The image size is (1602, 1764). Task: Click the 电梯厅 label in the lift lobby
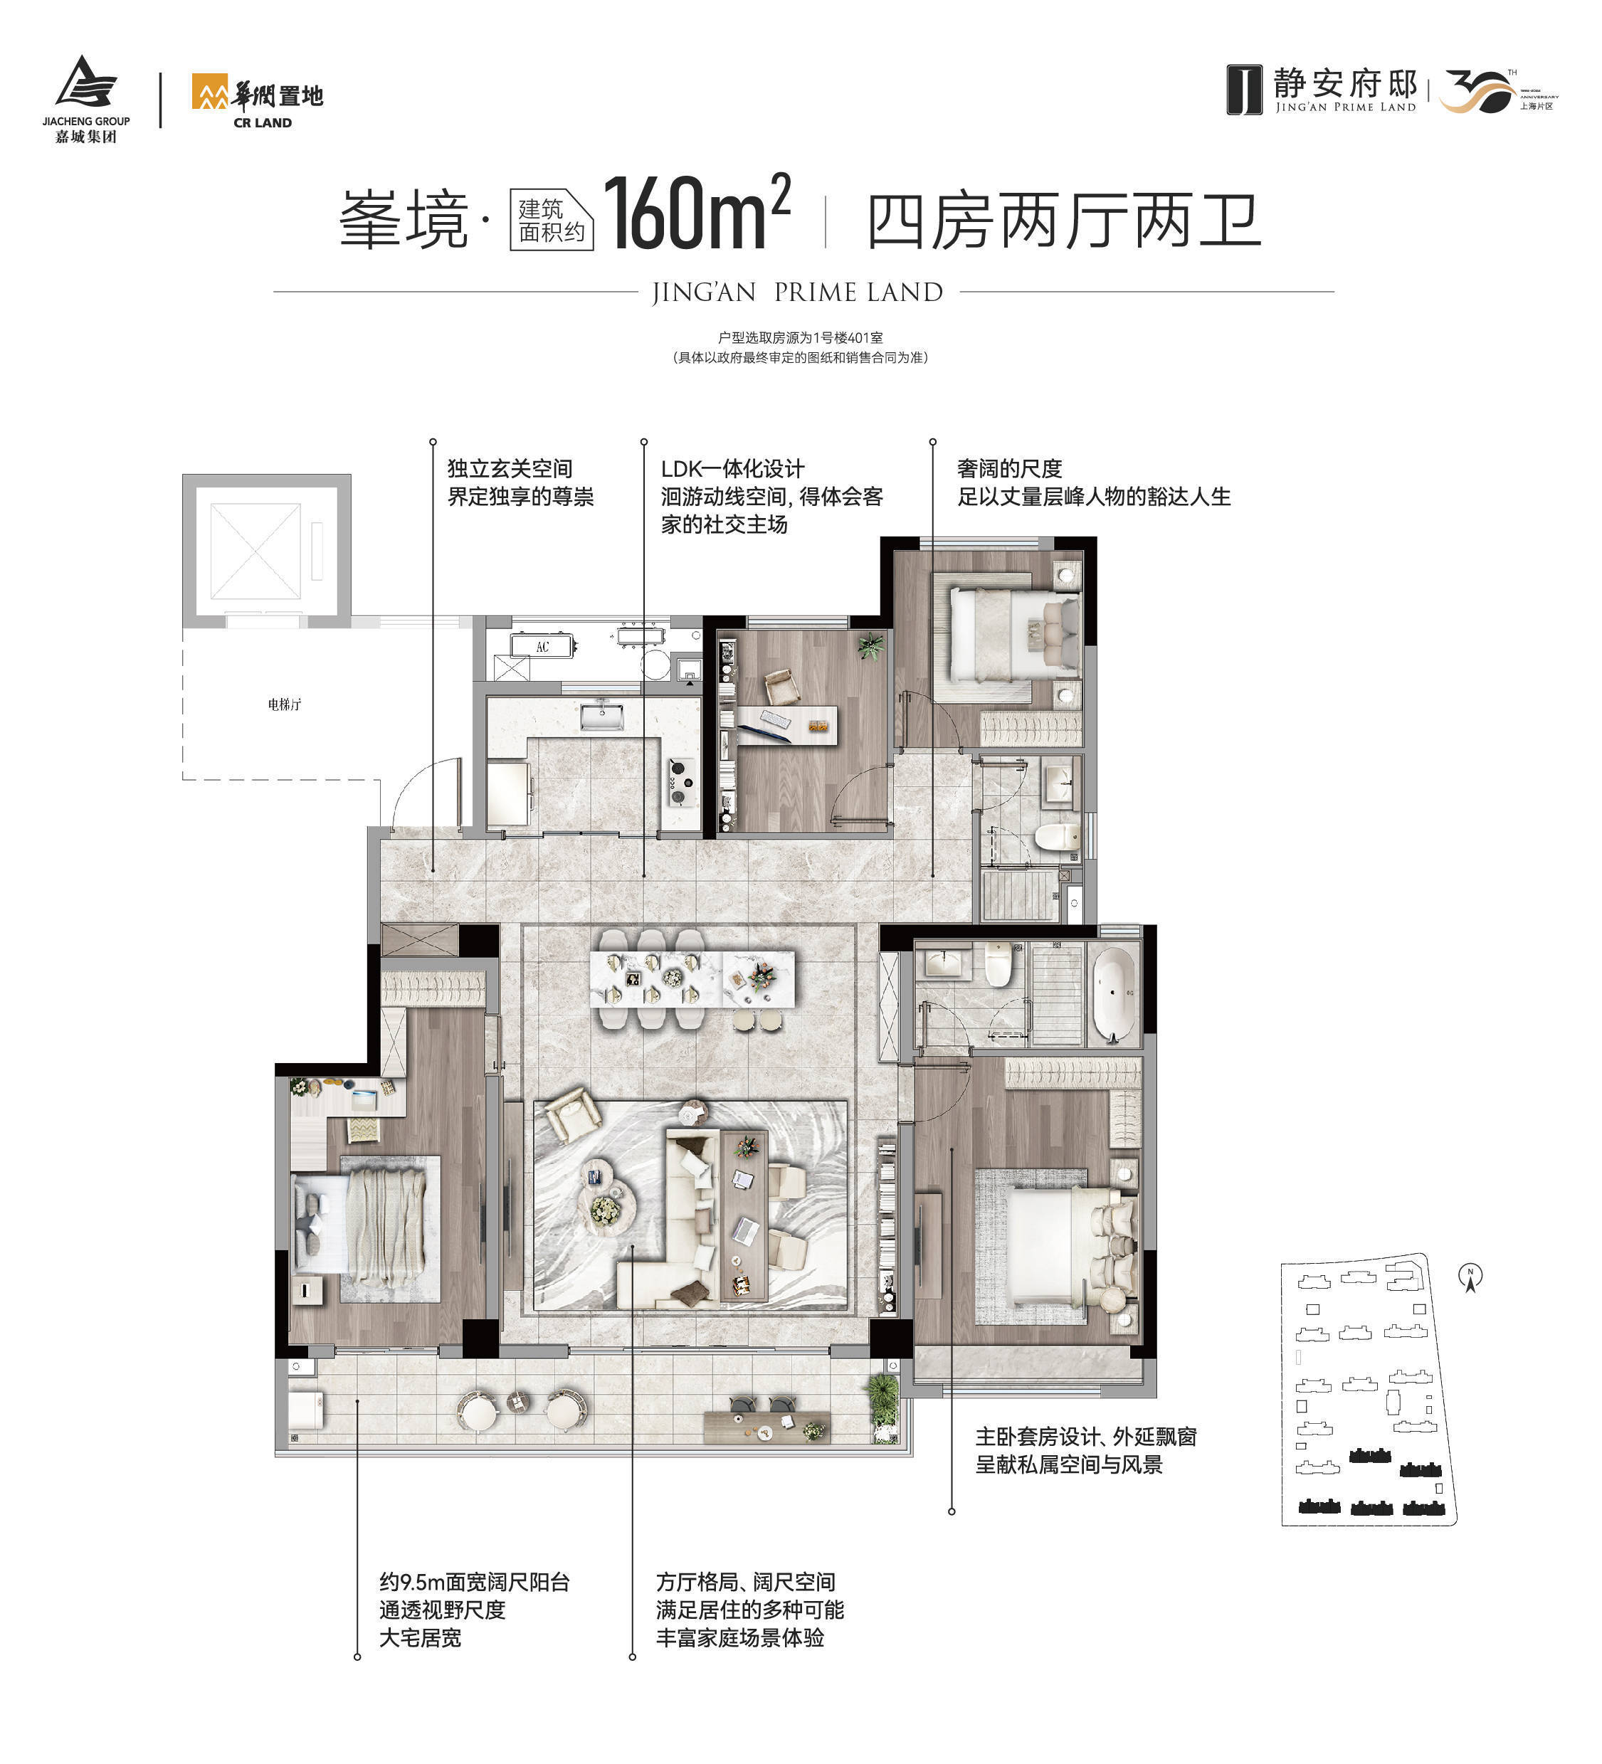(x=285, y=704)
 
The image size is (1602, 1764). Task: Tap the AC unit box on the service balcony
(x=542, y=647)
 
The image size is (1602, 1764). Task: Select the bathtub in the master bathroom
(x=1113, y=993)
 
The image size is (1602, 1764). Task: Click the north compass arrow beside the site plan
(x=1471, y=1279)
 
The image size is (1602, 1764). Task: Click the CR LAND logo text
(x=263, y=122)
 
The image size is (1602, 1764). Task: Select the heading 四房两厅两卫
(x=1063, y=221)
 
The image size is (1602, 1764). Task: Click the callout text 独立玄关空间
(x=510, y=468)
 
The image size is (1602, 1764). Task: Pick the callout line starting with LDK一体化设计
(x=732, y=468)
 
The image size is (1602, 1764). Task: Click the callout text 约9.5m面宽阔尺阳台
(x=474, y=1582)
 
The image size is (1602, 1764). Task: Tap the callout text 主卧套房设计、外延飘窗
(x=1085, y=1437)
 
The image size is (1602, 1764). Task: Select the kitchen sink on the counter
(x=601, y=717)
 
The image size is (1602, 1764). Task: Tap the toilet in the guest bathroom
(x=1057, y=835)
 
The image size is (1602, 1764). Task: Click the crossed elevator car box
(x=255, y=551)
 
